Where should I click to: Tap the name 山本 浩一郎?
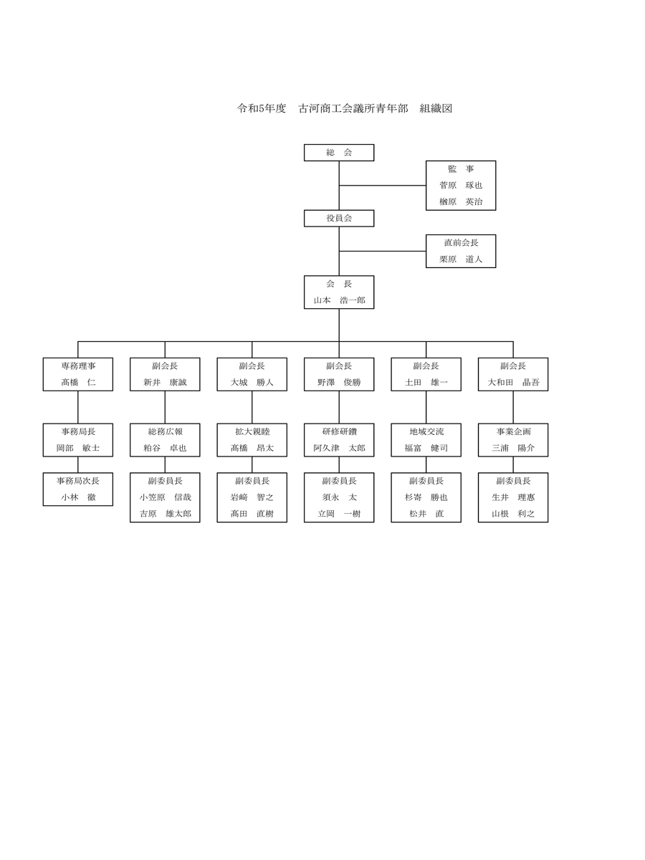coord(339,300)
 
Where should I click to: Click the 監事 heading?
coord(461,169)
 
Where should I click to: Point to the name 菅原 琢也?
coord(461,186)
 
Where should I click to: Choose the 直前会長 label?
coord(461,242)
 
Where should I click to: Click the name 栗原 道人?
coord(461,259)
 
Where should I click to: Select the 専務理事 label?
coord(78,366)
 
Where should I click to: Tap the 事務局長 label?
coord(78,431)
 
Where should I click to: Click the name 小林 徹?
coord(78,497)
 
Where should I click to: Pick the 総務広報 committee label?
coord(165,431)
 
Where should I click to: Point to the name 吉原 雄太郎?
coord(166,514)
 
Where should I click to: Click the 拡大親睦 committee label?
coord(252,431)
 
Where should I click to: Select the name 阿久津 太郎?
coord(339,448)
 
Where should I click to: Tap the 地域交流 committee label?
coord(426,431)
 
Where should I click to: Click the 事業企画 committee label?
coord(513,431)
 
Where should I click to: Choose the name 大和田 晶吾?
coord(513,383)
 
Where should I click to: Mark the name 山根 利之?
coord(513,514)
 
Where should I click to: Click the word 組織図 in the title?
coord(436,108)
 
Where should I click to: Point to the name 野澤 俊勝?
coord(339,383)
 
